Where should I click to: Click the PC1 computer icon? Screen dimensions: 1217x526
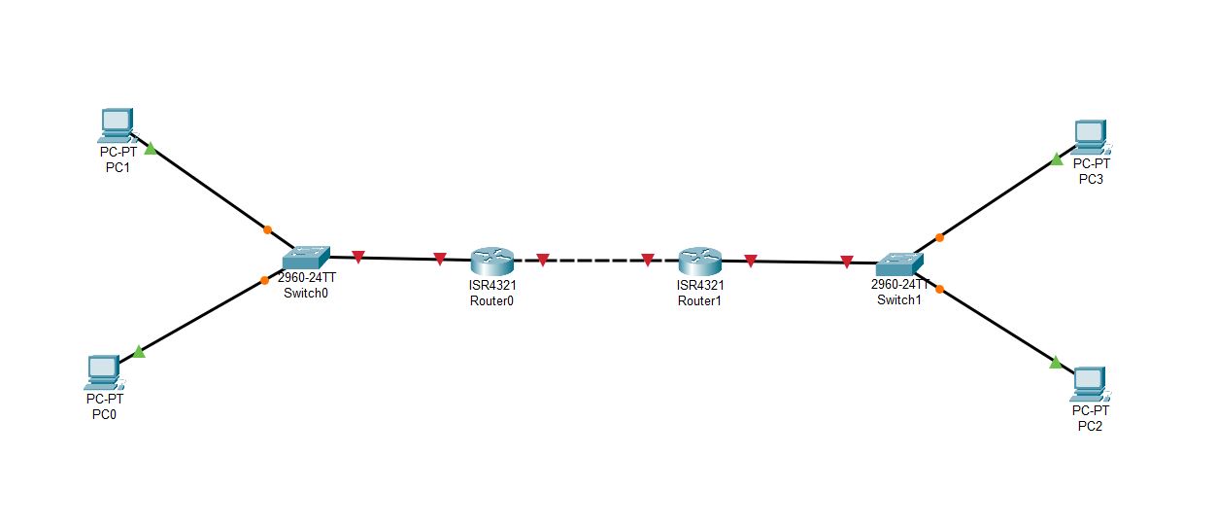pyautogui.click(x=116, y=123)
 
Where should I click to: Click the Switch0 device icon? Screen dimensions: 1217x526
pyautogui.click(x=307, y=258)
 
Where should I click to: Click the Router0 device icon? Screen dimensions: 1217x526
pyautogui.click(x=490, y=261)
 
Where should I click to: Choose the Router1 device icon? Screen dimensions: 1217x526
pyautogui.click(x=699, y=261)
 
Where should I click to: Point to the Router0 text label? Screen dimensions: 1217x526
pyautogui.click(x=490, y=299)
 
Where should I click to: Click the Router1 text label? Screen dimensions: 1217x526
pyautogui.click(x=699, y=300)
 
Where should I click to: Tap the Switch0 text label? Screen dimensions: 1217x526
pyautogui.click(x=306, y=292)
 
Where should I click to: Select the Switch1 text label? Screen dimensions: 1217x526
pyautogui.click(x=898, y=299)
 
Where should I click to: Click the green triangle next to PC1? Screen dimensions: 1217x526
pyautogui.click(x=151, y=150)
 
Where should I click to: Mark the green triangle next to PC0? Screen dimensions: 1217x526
pyautogui.click(x=139, y=352)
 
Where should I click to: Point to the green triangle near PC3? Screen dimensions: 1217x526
pyautogui.click(x=1057, y=159)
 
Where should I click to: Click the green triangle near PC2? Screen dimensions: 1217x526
pyautogui.click(x=1056, y=363)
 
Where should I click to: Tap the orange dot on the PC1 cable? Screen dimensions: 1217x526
pyautogui.click(x=267, y=230)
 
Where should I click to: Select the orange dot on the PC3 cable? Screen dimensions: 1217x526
pyautogui.click(x=939, y=236)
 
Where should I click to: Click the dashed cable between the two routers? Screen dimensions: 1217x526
pyautogui.click(x=594, y=261)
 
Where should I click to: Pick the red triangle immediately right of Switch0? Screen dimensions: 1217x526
pyautogui.click(x=357, y=257)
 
